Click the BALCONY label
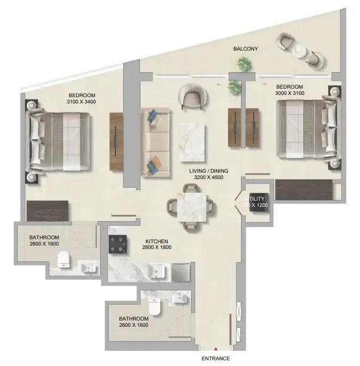(246, 49)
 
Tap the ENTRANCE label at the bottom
(216, 359)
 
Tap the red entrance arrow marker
(216, 350)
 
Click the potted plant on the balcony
(243, 65)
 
